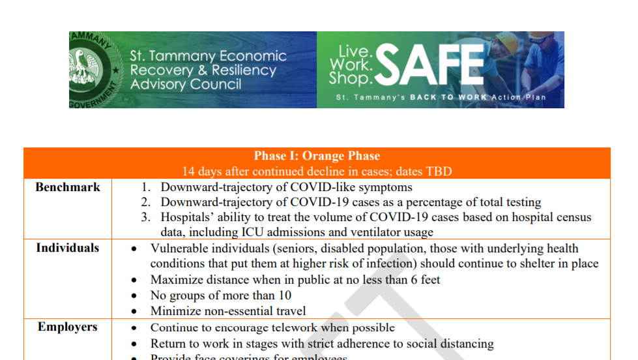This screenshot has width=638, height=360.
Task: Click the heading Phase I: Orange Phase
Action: (317, 156)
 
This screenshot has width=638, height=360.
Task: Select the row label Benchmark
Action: (68, 187)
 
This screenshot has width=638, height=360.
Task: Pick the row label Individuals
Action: (68, 248)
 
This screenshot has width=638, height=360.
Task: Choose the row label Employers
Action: (68, 327)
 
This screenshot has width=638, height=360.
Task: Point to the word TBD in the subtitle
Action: (439, 172)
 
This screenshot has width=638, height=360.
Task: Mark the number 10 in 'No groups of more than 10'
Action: (284, 295)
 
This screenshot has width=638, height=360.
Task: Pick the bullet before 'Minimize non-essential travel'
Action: (134, 312)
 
